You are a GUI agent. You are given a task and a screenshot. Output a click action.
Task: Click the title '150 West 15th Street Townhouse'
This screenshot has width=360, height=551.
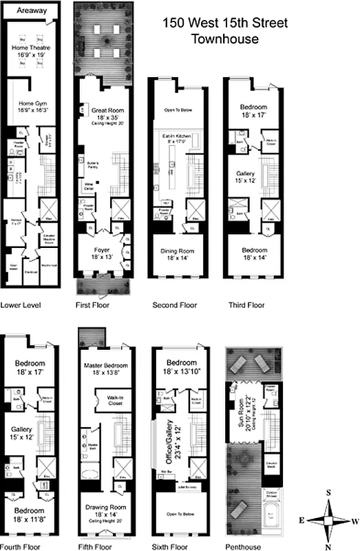tap(224, 31)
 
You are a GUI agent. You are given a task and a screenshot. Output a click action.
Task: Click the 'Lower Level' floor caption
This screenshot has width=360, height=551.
tap(19, 304)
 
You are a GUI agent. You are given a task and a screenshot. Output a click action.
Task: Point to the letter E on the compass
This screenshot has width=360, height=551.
tap(302, 521)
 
